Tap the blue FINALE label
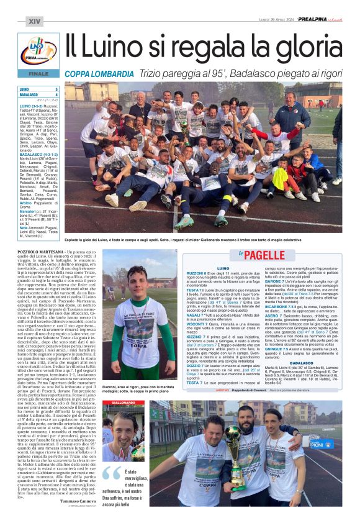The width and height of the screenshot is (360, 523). (38, 73)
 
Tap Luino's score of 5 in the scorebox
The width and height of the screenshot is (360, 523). (56, 89)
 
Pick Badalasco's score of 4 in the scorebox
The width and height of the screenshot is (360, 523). (56, 95)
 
